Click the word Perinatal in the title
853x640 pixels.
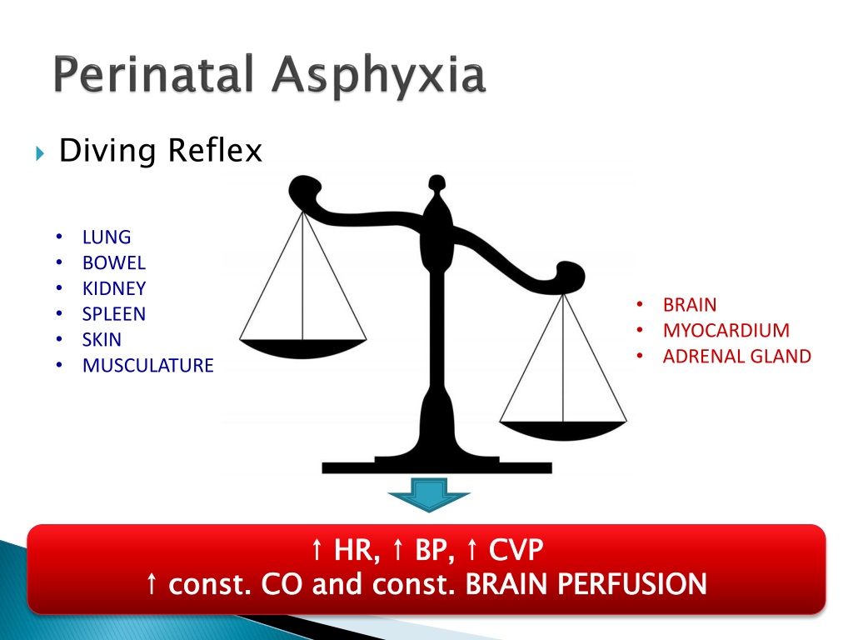(x=154, y=74)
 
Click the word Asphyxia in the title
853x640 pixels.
(x=379, y=76)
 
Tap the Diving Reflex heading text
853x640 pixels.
(x=161, y=150)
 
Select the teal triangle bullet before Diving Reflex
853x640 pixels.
(x=40, y=153)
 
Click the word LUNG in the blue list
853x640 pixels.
(x=107, y=237)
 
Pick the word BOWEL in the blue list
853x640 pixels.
(x=114, y=262)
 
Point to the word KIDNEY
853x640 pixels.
(x=114, y=288)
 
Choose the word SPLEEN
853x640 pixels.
(x=113, y=314)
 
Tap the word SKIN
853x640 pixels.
(x=102, y=340)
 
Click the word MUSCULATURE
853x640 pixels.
(x=148, y=365)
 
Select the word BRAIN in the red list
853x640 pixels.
(x=690, y=305)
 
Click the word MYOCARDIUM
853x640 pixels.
(x=726, y=330)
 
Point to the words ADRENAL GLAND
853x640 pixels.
(x=737, y=356)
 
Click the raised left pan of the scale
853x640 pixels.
(x=303, y=349)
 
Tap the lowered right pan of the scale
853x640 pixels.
(x=563, y=431)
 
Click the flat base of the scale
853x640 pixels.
(x=436, y=467)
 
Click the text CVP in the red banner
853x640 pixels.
(x=516, y=550)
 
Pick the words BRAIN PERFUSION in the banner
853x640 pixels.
(x=586, y=584)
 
